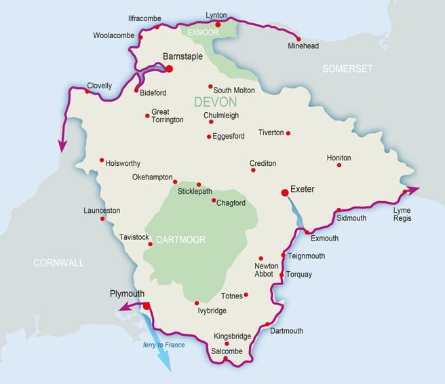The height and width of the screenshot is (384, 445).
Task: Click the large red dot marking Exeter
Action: (x=285, y=193)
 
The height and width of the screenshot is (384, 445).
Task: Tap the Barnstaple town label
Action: (x=183, y=57)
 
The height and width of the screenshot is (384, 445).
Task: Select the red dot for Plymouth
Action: (x=146, y=307)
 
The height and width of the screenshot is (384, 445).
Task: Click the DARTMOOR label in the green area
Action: (x=180, y=239)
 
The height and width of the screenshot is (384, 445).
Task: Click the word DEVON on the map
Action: (x=215, y=103)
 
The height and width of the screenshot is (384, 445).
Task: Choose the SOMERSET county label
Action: (x=348, y=69)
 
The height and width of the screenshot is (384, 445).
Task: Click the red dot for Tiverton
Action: (x=288, y=133)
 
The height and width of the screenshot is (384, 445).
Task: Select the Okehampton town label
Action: (x=152, y=177)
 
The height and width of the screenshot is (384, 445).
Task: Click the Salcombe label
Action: (x=226, y=351)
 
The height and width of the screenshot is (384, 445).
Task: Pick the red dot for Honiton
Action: (x=339, y=165)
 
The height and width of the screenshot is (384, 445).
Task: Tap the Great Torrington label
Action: (x=167, y=116)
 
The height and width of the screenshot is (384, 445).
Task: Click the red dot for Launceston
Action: (x=102, y=219)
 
